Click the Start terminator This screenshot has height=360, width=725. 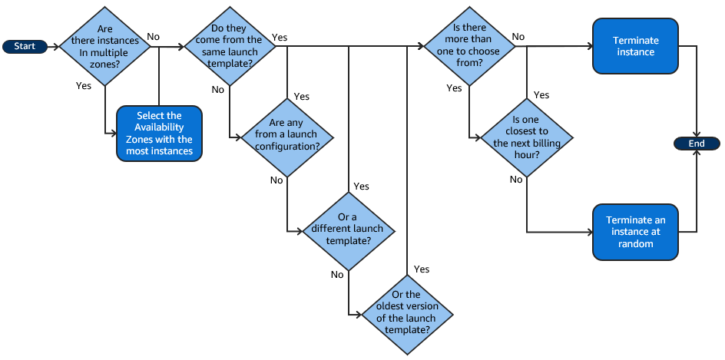(x=25, y=46)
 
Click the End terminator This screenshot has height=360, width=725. (x=696, y=144)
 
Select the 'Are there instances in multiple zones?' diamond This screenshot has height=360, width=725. (x=104, y=46)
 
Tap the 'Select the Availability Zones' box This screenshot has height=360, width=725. (x=159, y=134)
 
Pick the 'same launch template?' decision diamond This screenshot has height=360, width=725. (x=230, y=46)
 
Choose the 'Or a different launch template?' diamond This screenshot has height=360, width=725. (x=349, y=229)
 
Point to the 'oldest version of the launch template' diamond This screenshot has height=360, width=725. (x=406, y=312)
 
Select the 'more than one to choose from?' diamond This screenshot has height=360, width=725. (x=469, y=46)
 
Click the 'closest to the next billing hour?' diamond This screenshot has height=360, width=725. (x=527, y=137)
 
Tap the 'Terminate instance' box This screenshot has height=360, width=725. (x=635, y=46)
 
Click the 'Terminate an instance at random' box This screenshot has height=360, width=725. (x=635, y=232)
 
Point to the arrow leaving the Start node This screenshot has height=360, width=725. (x=54, y=46)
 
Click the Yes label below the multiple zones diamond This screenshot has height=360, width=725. (x=84, y=86)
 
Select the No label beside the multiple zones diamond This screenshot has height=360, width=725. (x=154, y=37)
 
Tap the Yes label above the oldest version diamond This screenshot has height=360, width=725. (x=422, y=269)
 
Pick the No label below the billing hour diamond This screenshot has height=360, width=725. (x=516, y=179)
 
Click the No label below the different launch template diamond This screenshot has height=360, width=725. (x=337, y=274)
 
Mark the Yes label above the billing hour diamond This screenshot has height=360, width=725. (x=541, y=95)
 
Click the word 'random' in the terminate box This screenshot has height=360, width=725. (x=635, y=244)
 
